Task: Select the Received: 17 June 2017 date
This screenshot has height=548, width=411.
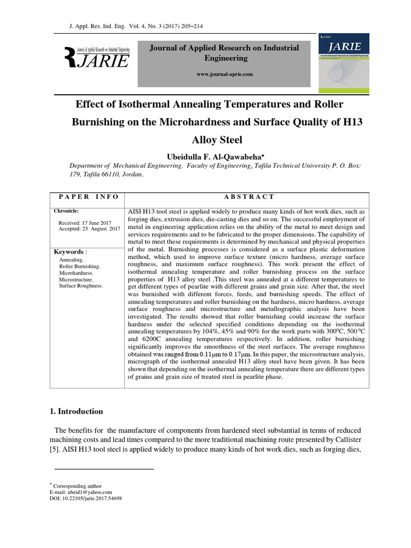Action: (x=85, y=223)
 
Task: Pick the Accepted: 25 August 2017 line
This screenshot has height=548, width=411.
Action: (x=89, y=229)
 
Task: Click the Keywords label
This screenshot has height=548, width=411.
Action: (x=69, y=252)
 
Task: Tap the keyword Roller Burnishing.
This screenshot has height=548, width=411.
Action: (x=79, y=266)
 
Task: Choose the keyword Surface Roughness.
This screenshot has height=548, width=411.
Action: (x=81, y=286)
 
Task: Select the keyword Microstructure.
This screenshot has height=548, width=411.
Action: (x=76, y=279)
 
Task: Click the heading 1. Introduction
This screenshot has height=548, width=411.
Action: (x=76, y=412)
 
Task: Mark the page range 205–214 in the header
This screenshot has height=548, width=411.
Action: (x=190, y=26)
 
